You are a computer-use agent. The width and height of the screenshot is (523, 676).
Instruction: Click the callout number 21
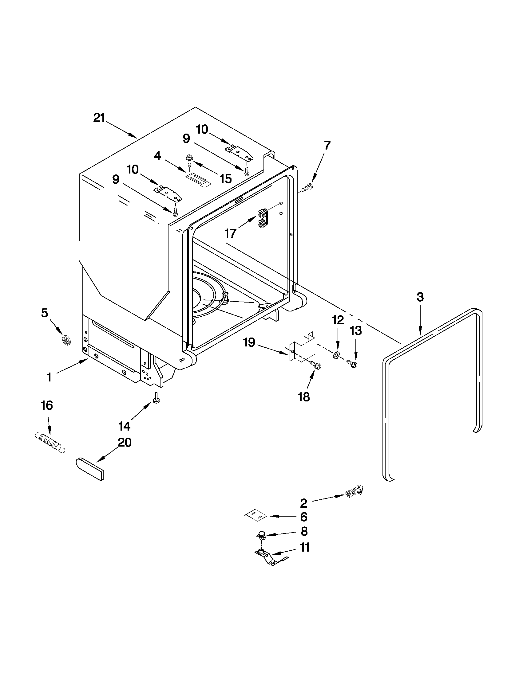pyautogui.click(x=99, y=118)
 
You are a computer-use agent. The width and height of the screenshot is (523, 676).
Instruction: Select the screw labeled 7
pyautogui.click(x=307, y=187)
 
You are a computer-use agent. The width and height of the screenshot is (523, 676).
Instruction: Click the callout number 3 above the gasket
pyautogui.click(x=420, y=297)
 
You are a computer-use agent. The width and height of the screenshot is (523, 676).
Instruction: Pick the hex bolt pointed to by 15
pyautogui.click(x=189, y=160)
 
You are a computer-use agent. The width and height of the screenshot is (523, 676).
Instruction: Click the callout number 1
pyautogui.click(x=49, y=377)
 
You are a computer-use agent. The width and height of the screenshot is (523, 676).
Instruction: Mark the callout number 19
pyautogui.click(x=249, y=342)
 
